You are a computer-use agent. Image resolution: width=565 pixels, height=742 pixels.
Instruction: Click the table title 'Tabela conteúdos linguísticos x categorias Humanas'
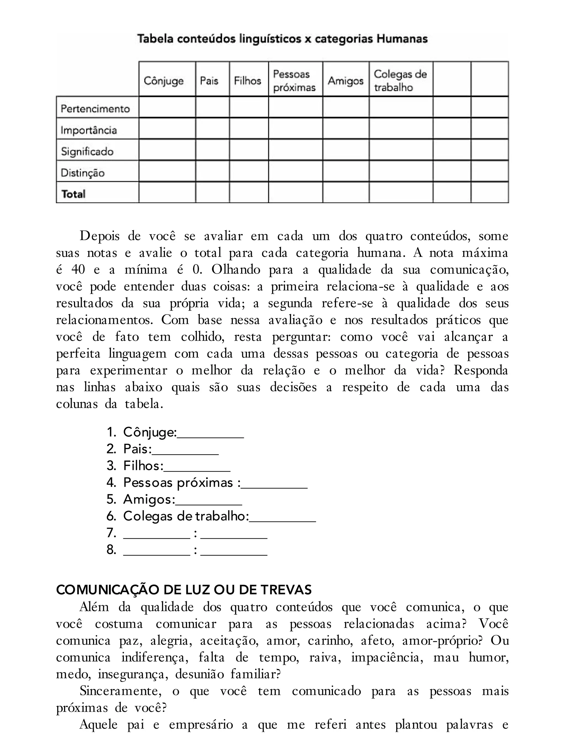click(282, 39)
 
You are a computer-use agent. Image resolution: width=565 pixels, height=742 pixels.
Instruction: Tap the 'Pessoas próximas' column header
click(294, 81)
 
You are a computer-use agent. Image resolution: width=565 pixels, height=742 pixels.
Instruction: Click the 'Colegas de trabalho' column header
click(400, 81)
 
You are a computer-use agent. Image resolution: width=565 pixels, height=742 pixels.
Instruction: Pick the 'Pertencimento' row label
click(95, 109)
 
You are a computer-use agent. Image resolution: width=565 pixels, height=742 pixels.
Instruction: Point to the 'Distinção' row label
click(83, 173)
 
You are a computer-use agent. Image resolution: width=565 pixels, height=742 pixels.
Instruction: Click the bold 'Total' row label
click(73, 194)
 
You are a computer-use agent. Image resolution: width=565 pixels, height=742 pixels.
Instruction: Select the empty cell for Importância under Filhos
click(249, 129)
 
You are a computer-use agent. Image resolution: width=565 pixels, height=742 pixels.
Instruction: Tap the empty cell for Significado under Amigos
click(346, 150)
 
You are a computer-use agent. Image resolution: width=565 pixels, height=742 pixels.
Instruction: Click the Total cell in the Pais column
click(212, 192)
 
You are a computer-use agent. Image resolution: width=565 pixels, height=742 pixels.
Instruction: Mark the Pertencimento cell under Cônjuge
click(167, 107)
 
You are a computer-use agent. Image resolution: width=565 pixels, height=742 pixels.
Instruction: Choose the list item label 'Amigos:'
click(149, 500)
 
